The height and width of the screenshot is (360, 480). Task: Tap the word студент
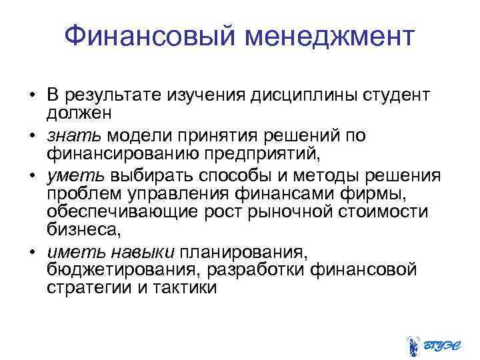(396, 97)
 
